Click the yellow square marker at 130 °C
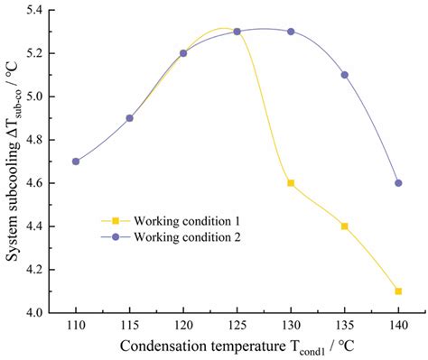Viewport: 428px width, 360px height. pyautogui.click(x=291, y=183)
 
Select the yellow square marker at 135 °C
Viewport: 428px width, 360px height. pyautogui.click(x=344, y=226)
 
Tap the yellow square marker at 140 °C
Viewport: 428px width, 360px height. pyautogui.click(x=398, y=291)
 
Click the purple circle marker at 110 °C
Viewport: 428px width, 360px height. pyautogui.click(x=76, y=162)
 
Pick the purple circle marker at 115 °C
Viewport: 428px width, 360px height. pyautogui.click(x=129, y=118)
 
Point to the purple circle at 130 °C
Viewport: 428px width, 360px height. pyautogui.click(x=291, y=32)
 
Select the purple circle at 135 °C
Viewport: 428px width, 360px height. pyautogui.click(x=344, y=75)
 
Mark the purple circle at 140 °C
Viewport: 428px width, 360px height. pyautogui.click(x=398, y=183)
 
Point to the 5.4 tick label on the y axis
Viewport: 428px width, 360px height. pyautogui.click(x=42, y=10)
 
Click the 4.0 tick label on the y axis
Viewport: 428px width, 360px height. pyautogui.click(x=42, y=313)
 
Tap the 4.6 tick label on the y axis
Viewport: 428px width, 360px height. pyautogui.click(x=42, y=183)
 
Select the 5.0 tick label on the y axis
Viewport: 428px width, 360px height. pyautogui.click(x=42, y=97)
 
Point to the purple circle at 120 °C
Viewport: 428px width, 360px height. pyautogui.click(x=183, y=53)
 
